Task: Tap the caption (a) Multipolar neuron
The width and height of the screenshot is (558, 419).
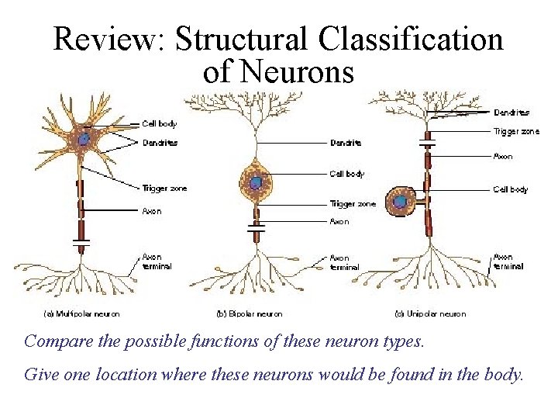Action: point(81,314)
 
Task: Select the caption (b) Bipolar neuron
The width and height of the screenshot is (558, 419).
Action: point(249,314)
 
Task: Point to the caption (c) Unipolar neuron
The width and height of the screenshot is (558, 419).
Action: point(430,314)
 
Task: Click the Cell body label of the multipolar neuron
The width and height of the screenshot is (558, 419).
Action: point(160,123)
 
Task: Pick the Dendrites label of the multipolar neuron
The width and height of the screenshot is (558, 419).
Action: point(160,143)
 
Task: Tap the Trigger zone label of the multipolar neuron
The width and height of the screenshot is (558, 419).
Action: point(164,189)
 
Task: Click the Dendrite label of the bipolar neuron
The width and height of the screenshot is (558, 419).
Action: point(346,143)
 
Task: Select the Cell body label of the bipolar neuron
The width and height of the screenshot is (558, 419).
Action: point(347,174)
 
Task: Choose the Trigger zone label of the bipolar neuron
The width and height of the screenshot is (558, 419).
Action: point(353,204)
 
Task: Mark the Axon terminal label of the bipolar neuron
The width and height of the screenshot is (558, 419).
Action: point(344,262)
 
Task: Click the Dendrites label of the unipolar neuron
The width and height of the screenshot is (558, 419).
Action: point(512,113)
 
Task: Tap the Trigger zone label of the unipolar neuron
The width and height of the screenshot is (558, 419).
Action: point(516,132)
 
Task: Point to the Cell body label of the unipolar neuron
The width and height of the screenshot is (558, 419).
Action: point(511,189)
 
